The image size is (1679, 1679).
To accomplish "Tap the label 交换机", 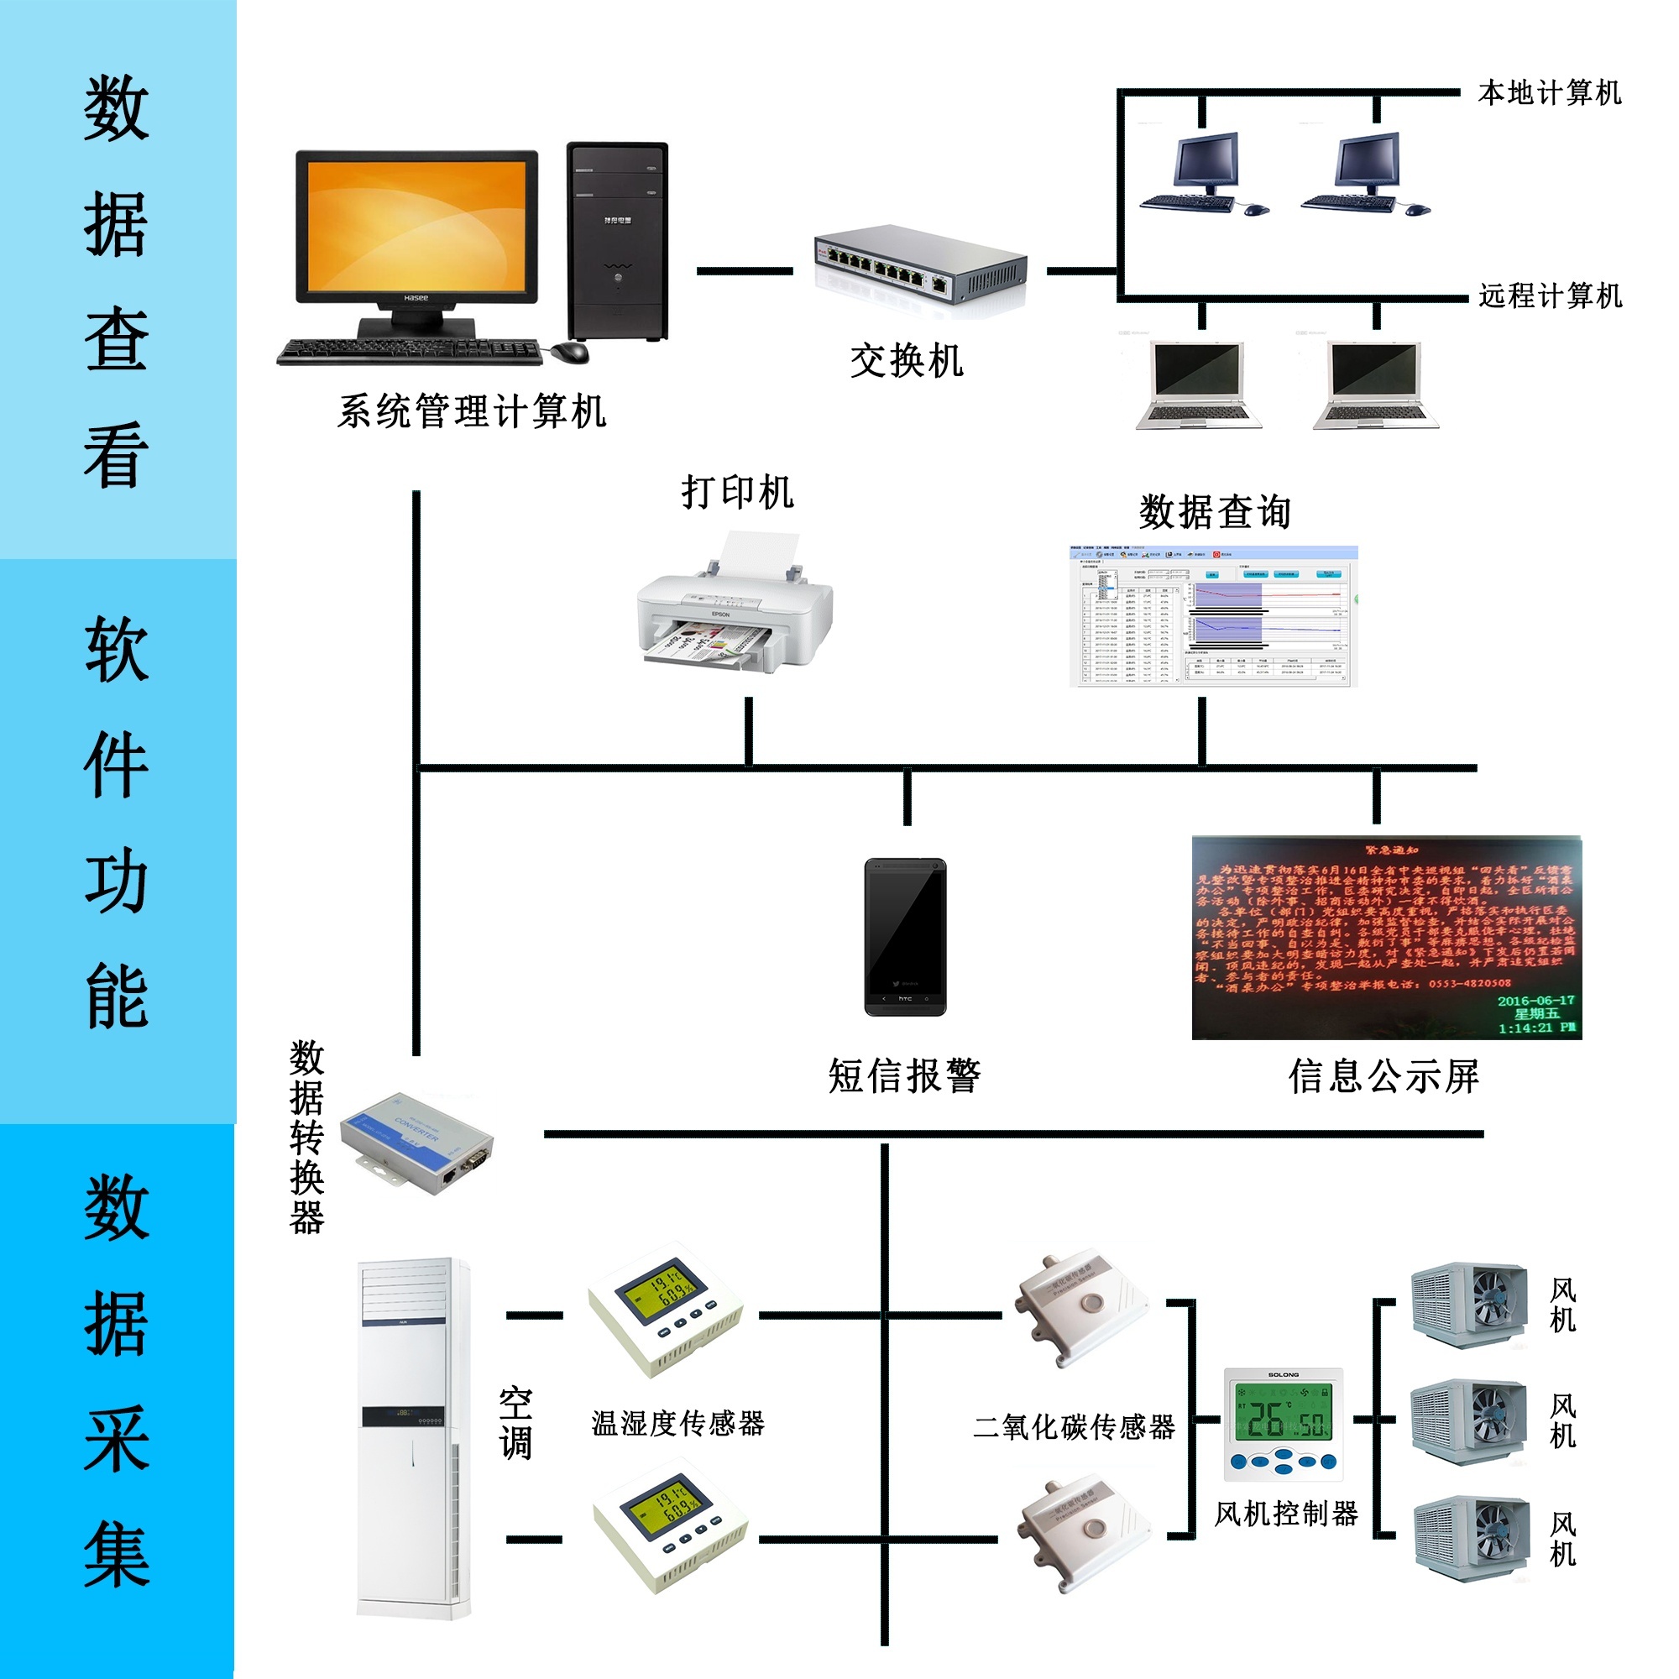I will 907,361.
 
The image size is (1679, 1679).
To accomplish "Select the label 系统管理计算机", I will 472,411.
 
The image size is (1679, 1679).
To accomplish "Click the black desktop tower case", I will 617,242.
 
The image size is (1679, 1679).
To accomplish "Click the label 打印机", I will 737,493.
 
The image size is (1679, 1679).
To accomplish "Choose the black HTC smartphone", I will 905,936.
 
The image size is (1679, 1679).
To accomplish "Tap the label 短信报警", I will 905,1076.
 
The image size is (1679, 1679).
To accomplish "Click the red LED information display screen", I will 1385,937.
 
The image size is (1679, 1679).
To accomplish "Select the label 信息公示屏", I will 1383,1076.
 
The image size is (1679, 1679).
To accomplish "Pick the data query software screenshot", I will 1213,616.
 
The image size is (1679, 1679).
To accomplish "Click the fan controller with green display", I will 1283,1425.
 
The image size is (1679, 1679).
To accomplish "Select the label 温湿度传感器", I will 677,1423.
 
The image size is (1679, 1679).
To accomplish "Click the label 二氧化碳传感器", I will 1075,1426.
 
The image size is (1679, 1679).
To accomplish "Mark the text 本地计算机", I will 1550,93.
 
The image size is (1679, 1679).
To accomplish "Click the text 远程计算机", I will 1551,296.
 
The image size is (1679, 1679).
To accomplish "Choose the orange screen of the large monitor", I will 416,224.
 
